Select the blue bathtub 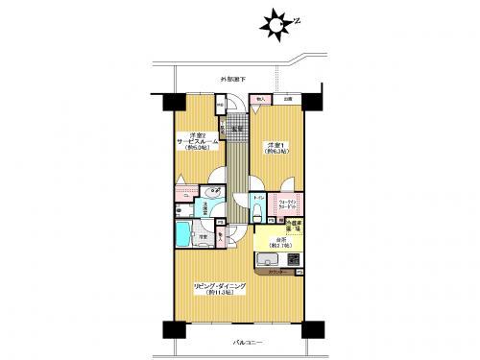[x=183, y=233]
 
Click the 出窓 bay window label [x=287, y=97]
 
